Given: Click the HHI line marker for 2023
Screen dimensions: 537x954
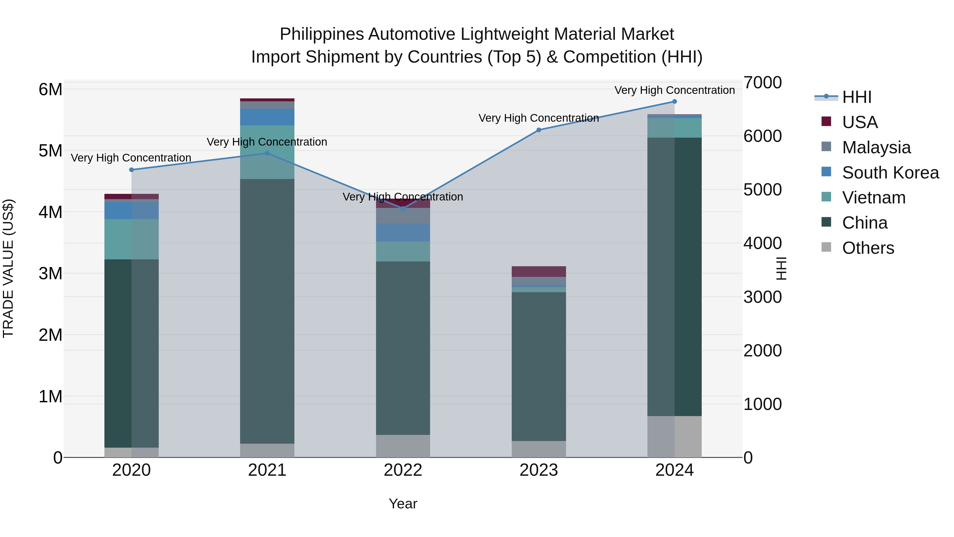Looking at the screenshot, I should [x=539, y=130].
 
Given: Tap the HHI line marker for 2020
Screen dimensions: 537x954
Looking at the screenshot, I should [x=131, y=170].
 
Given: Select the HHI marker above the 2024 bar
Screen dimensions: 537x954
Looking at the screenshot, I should [x=674, y=102].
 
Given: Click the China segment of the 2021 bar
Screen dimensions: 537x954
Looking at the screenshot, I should [x=267, y=311].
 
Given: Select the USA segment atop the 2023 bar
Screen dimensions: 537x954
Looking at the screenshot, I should [x=539, y=272].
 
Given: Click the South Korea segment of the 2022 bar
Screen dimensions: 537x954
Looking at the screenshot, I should [x=403, y=232].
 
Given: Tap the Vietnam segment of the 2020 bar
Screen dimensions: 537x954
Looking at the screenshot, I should [x=131, y=239].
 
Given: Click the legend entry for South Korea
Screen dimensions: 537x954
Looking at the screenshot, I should [x=890, y=173].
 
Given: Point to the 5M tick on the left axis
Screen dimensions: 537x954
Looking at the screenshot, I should [x=51, y=151].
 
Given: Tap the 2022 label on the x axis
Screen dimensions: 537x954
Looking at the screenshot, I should [x=403, y=470].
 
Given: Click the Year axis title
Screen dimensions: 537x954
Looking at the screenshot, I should [x=403, y=504].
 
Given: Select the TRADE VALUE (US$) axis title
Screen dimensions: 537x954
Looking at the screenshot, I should [x=8, y=269].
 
